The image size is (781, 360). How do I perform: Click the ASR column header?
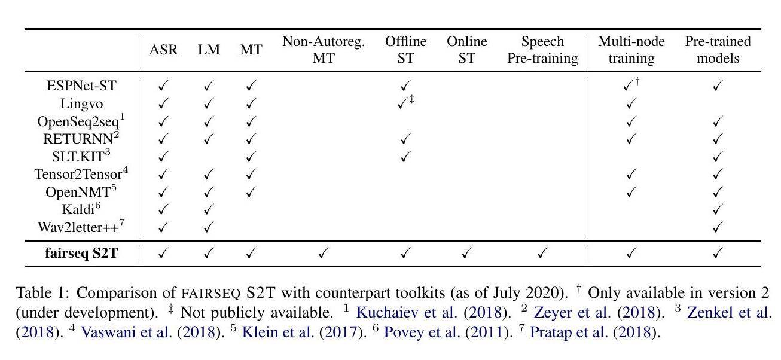point(164,51)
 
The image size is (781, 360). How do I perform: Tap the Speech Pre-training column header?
point(541,51)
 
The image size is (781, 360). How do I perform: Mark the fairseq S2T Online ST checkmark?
point(466,254)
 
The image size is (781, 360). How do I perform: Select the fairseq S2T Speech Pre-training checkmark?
point(541,254)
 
